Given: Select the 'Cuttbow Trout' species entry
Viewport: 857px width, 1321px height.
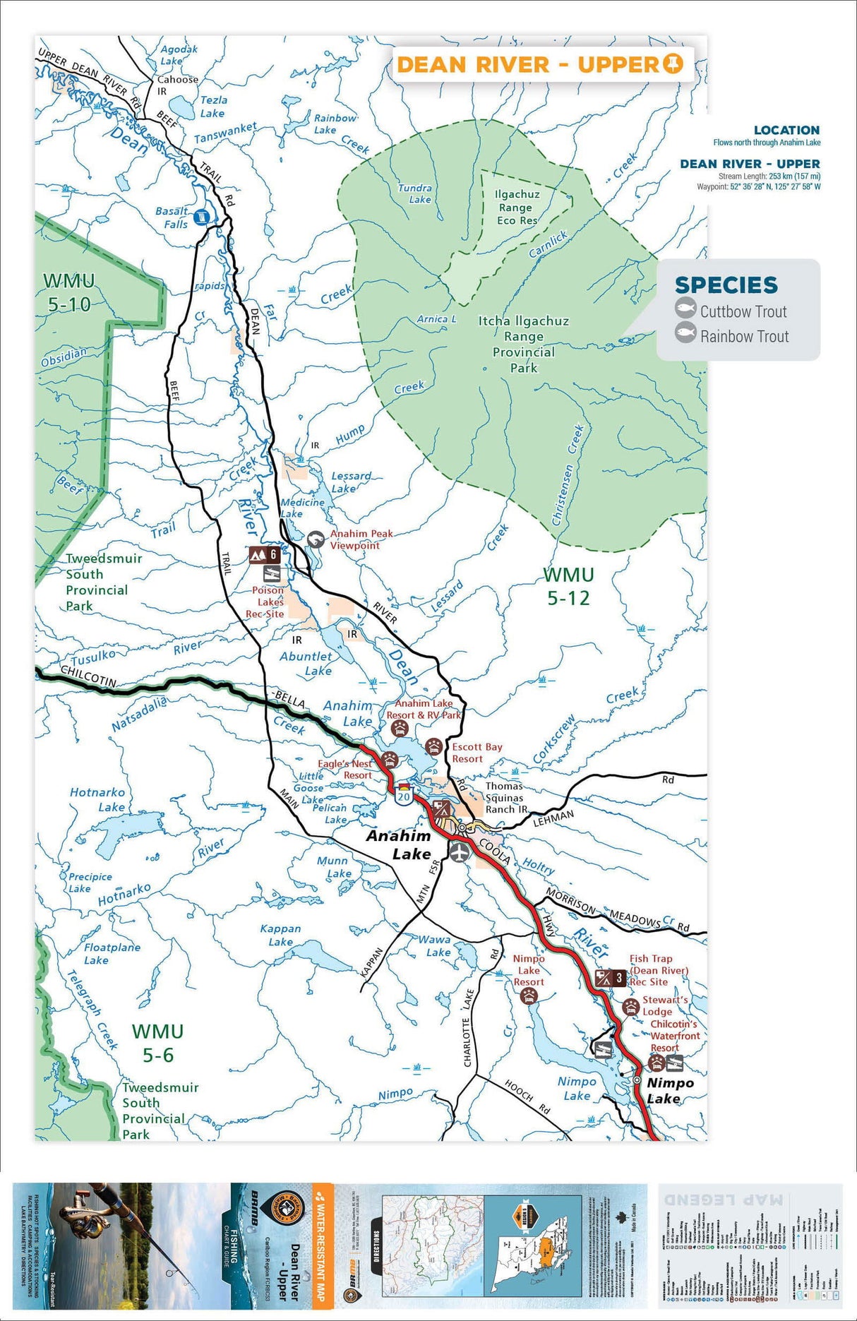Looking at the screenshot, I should pyautogui.click(x=743, y=311).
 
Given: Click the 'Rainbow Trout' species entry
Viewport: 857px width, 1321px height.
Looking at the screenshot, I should pyautogui.click(x=744, y=337).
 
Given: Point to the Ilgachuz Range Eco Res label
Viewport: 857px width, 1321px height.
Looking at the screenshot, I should pyautogui.click(x=517, y=207).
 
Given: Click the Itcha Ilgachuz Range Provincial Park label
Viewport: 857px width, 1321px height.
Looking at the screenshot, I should pyautogui.click(x=523, y=344).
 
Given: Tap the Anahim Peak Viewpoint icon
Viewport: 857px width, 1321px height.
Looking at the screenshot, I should pyautogui.click(x=316, y=540).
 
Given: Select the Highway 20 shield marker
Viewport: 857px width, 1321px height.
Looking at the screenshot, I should pyautogui.click(x=403, y=795).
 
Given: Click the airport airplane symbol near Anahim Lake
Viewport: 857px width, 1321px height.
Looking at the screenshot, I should pyautogui.click(x=459, y=851).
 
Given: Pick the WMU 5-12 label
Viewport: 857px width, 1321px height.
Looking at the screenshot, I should pyautogui.click(x=568, y=586).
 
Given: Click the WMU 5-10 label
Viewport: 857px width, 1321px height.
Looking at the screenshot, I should pyautogui.click(x=69, y=292).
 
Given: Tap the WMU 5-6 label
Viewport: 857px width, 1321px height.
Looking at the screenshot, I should pyautogui.click(x=157, y=1043).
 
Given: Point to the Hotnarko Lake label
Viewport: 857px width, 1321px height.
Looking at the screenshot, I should pyautogui.click(x=97, y=799).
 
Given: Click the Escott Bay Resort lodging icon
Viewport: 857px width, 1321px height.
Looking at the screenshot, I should pyautogui.click(x=433, y=747).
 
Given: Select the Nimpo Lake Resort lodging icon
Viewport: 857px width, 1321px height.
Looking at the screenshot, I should pyautogui.click(x=528, y=996).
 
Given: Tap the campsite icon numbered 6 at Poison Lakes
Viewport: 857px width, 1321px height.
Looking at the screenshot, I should pyautogui.click(x=264, y=555).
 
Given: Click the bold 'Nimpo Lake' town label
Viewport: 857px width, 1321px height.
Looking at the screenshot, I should pyautogui.click(x=669, y=1090).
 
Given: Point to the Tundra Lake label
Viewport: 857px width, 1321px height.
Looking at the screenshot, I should pyautogui.click(x=415, y=193).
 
